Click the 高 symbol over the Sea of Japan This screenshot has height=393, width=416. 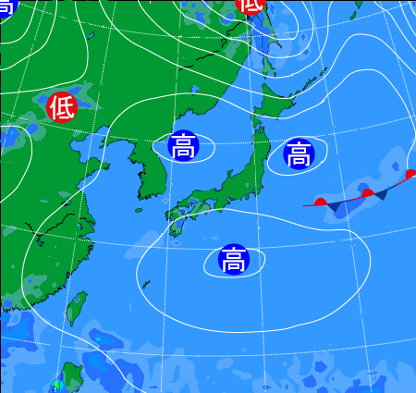click(182, 145)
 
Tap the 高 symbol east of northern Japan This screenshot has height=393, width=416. click(299, 154)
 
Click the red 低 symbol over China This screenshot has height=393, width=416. click(61, 107)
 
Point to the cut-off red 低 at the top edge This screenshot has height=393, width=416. click(250, 5)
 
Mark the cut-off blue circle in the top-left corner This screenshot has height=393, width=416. click(6, 6)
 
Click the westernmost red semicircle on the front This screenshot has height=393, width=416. click(320, 201)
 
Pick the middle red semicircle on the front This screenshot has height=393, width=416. click(367, 192)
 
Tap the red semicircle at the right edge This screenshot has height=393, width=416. click(410, 174)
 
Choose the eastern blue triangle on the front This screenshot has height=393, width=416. click(380, 194)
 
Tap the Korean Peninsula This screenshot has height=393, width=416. click(148, 171)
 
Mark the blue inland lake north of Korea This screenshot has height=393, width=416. click(194, 89)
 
